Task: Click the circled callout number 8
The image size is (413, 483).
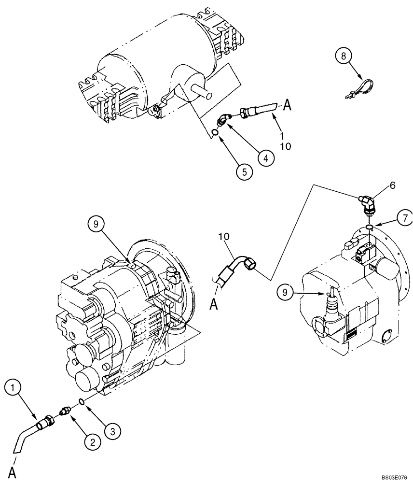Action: pyautogui.click(x=343, y=57)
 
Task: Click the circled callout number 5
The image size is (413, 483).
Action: pyautogui.click(x=244, y=171)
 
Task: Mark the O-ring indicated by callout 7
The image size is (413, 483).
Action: pyautogui.click(x=369, y=227)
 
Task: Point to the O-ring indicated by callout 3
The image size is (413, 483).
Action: pyautogui.click(x=82, y=401)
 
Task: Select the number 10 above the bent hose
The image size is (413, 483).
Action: pyautogui.click(x=223, y=236)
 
